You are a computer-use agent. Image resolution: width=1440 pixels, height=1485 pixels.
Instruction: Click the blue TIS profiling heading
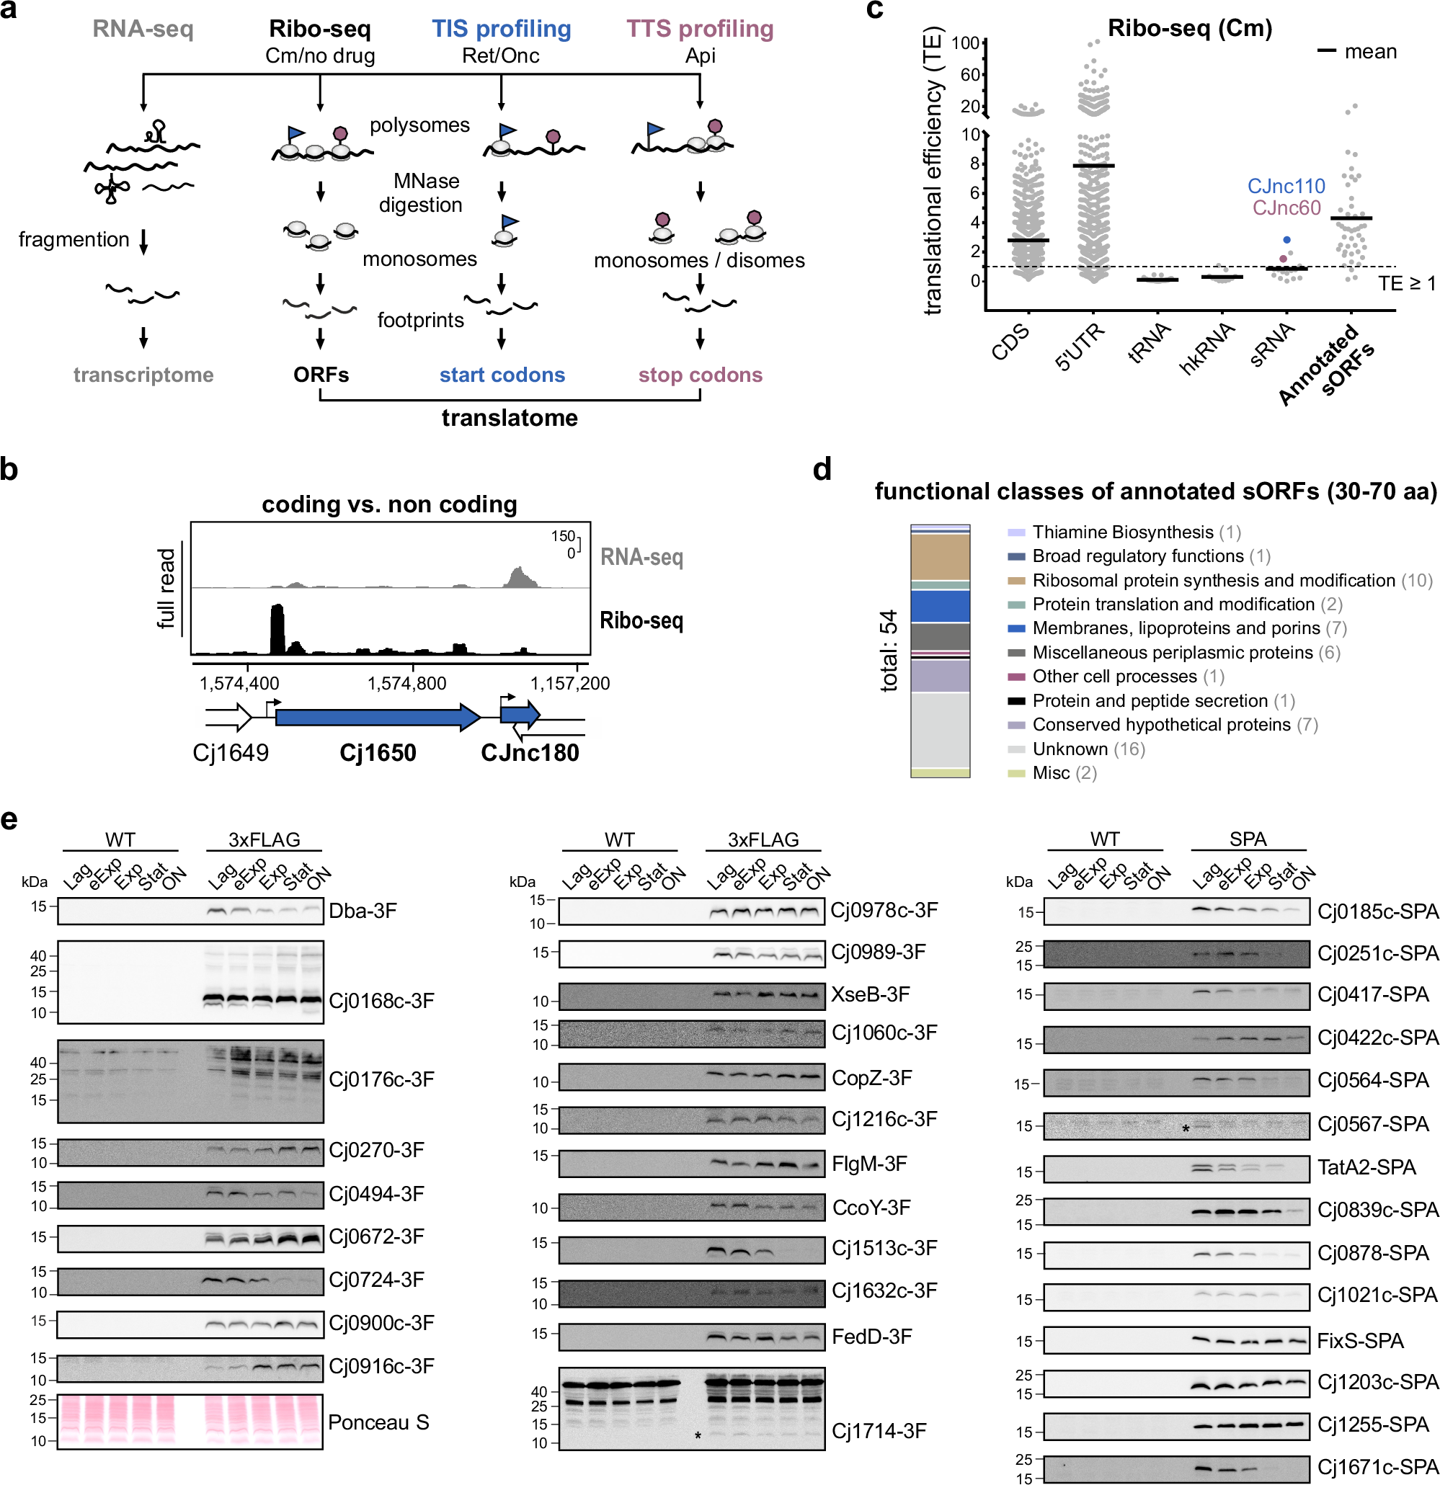pyautogui.click(x=501, y=29)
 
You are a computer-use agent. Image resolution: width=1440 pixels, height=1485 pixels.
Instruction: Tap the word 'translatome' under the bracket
pyautogui.click(x=510, y=417)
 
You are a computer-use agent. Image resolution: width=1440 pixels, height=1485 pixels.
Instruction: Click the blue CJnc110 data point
pyautogui.click(x=1286, y=240)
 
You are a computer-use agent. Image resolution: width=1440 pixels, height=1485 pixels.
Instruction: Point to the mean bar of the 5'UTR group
pyautogui.click(x=1093, y=165)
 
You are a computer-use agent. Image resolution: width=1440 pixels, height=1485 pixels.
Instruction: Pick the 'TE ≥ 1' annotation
pyautogui.click(x=1407, y=283)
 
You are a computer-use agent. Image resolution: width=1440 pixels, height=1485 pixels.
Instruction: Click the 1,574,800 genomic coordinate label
pyautogui.click(x=407, y=683)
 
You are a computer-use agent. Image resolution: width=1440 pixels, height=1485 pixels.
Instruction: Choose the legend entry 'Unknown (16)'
pyautogui.click(x=1088, y=749)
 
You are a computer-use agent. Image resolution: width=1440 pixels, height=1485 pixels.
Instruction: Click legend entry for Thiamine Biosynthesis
pyautogui.click(x=1121, y=532)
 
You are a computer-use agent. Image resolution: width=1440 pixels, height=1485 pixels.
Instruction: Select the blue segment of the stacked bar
pyautogui.click(x=940, y=606)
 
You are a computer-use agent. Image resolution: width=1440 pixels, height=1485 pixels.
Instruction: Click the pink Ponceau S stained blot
pyautogui.click(x=190, y=1422)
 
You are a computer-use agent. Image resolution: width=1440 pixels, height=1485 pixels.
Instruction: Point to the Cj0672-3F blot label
pyautogui.click(x=376, y=1236)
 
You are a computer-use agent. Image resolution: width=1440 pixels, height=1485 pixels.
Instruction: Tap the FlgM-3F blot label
pyautogui.click(x=868, y=1164)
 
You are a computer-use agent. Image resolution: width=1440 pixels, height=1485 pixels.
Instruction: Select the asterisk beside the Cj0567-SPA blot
pyautogui.click(x=1185, y=1129)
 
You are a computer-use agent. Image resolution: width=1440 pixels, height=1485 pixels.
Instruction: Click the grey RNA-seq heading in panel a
pyautogui.click(x=143, y=29)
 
